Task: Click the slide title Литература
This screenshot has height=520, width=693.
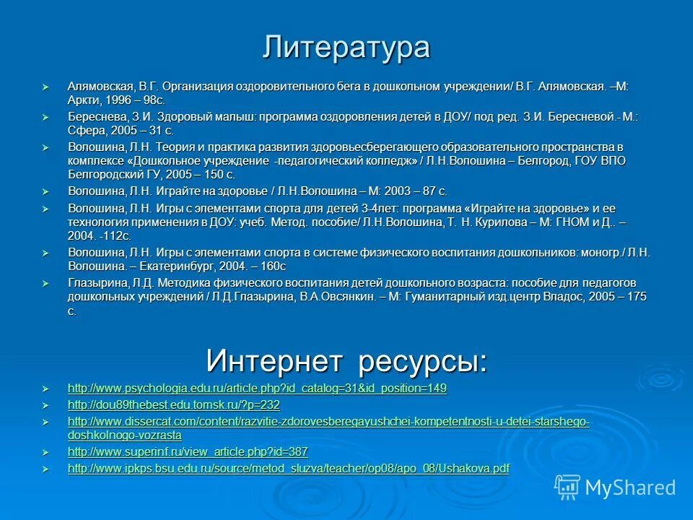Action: pyautogui.click(x=346, y=48)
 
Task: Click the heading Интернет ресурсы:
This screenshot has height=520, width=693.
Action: pyautogui.click(x=346, y=360)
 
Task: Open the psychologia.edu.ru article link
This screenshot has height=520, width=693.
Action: pyautogui.click(x=257, y=389)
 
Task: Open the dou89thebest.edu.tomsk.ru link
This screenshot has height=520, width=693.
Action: pyautogui.click(x=173, y=405)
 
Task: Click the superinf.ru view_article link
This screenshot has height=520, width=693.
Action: pyautogui.click(x=188, y=452)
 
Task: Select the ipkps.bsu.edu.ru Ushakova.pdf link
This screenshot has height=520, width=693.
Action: pyautogui.click(x=288, y=469)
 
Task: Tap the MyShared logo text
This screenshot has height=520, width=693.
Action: pyautogui.click(x=630, y=487)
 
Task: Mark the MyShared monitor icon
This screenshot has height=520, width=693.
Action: pyautogui.click(x=567, y=486)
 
